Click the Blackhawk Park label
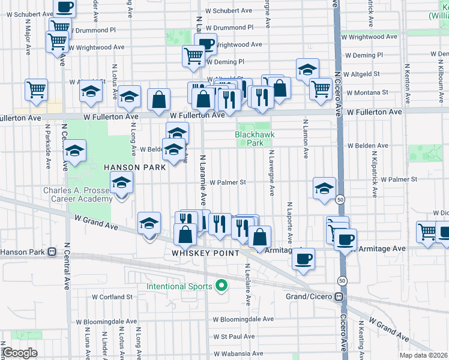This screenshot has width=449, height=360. pos(249,139)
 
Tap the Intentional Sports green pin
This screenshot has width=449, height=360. pos(221,286)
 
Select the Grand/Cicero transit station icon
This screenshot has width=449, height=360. pos(340,297)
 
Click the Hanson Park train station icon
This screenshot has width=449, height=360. pos(52,252)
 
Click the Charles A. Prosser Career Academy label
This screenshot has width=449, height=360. pos(77,195)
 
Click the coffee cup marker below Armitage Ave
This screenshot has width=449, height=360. pos(303,259)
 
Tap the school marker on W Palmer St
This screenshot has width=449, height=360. pos(324,188)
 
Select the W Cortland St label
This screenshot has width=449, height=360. pos(112,297)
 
